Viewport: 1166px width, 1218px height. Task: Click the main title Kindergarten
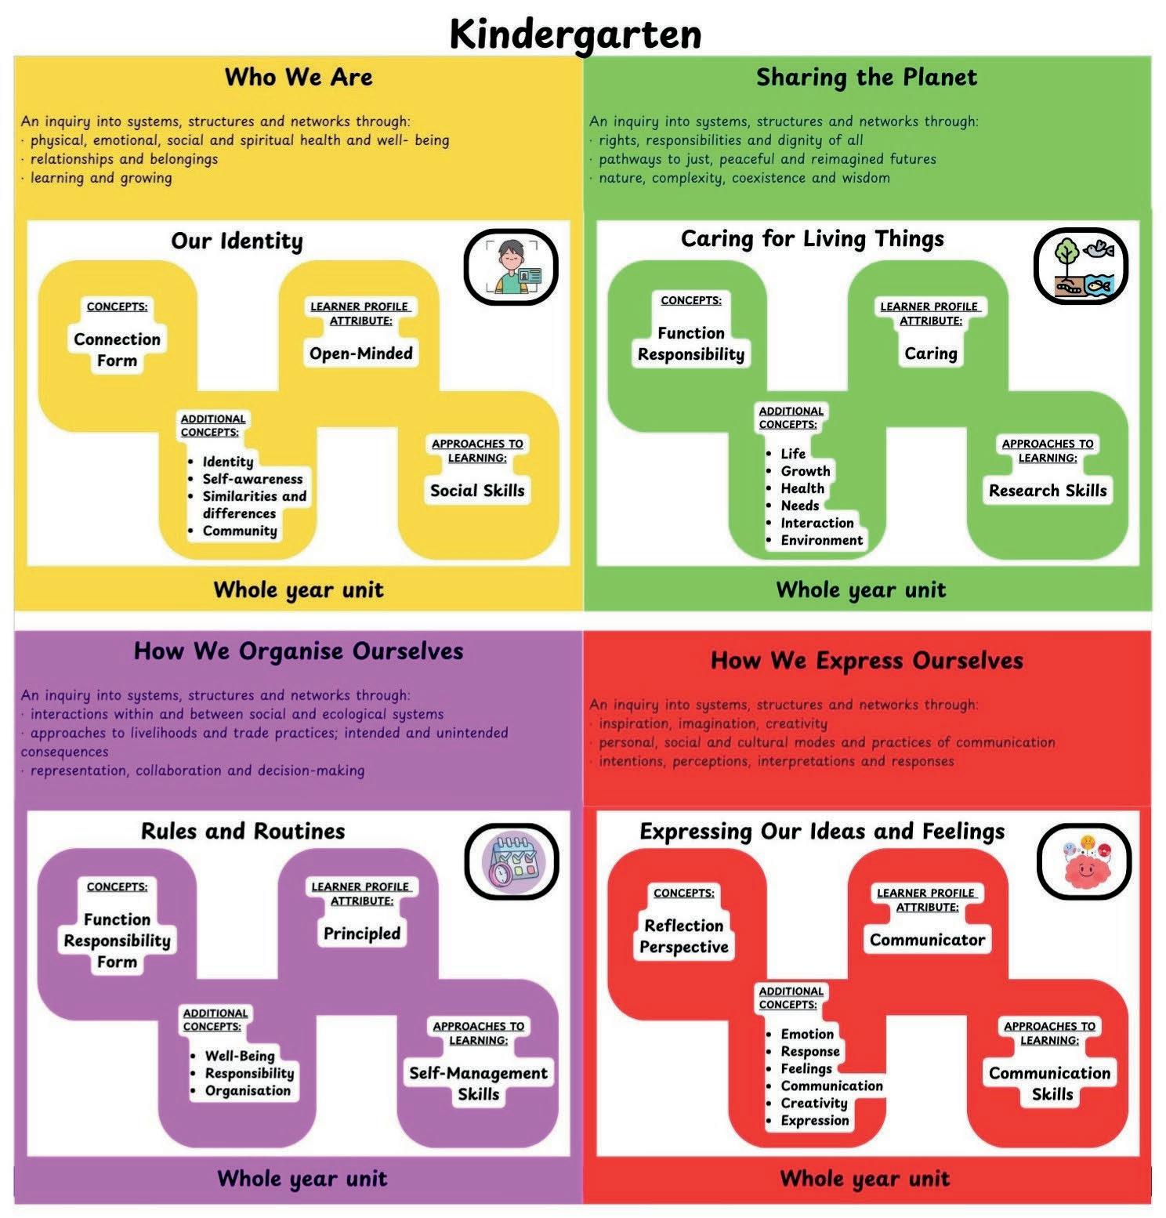(575, 34)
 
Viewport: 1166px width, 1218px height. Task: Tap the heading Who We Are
(299, 77)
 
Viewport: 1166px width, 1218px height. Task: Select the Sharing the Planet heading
(866, 77)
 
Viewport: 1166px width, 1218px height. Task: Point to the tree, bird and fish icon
(1081, 266)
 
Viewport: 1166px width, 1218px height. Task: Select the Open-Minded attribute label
(360, 353)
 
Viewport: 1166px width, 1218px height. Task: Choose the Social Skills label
(477, 491)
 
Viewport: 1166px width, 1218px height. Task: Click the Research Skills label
(1048, 491)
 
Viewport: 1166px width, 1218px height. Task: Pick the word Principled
(361, 933)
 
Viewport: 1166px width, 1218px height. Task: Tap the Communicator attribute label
(927, 940)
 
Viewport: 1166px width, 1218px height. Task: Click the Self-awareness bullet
(252, 479)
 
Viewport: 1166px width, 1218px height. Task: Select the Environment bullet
(821, 540)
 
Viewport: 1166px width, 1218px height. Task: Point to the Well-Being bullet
(239, 1056)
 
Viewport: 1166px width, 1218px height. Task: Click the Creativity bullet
(813, 1103)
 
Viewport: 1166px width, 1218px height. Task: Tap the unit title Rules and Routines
(243, 831)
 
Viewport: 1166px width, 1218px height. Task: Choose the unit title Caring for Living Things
(812, 238)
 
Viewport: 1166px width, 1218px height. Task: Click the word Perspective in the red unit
(684, 947)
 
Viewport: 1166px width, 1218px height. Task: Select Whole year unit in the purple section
(302, 1178)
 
